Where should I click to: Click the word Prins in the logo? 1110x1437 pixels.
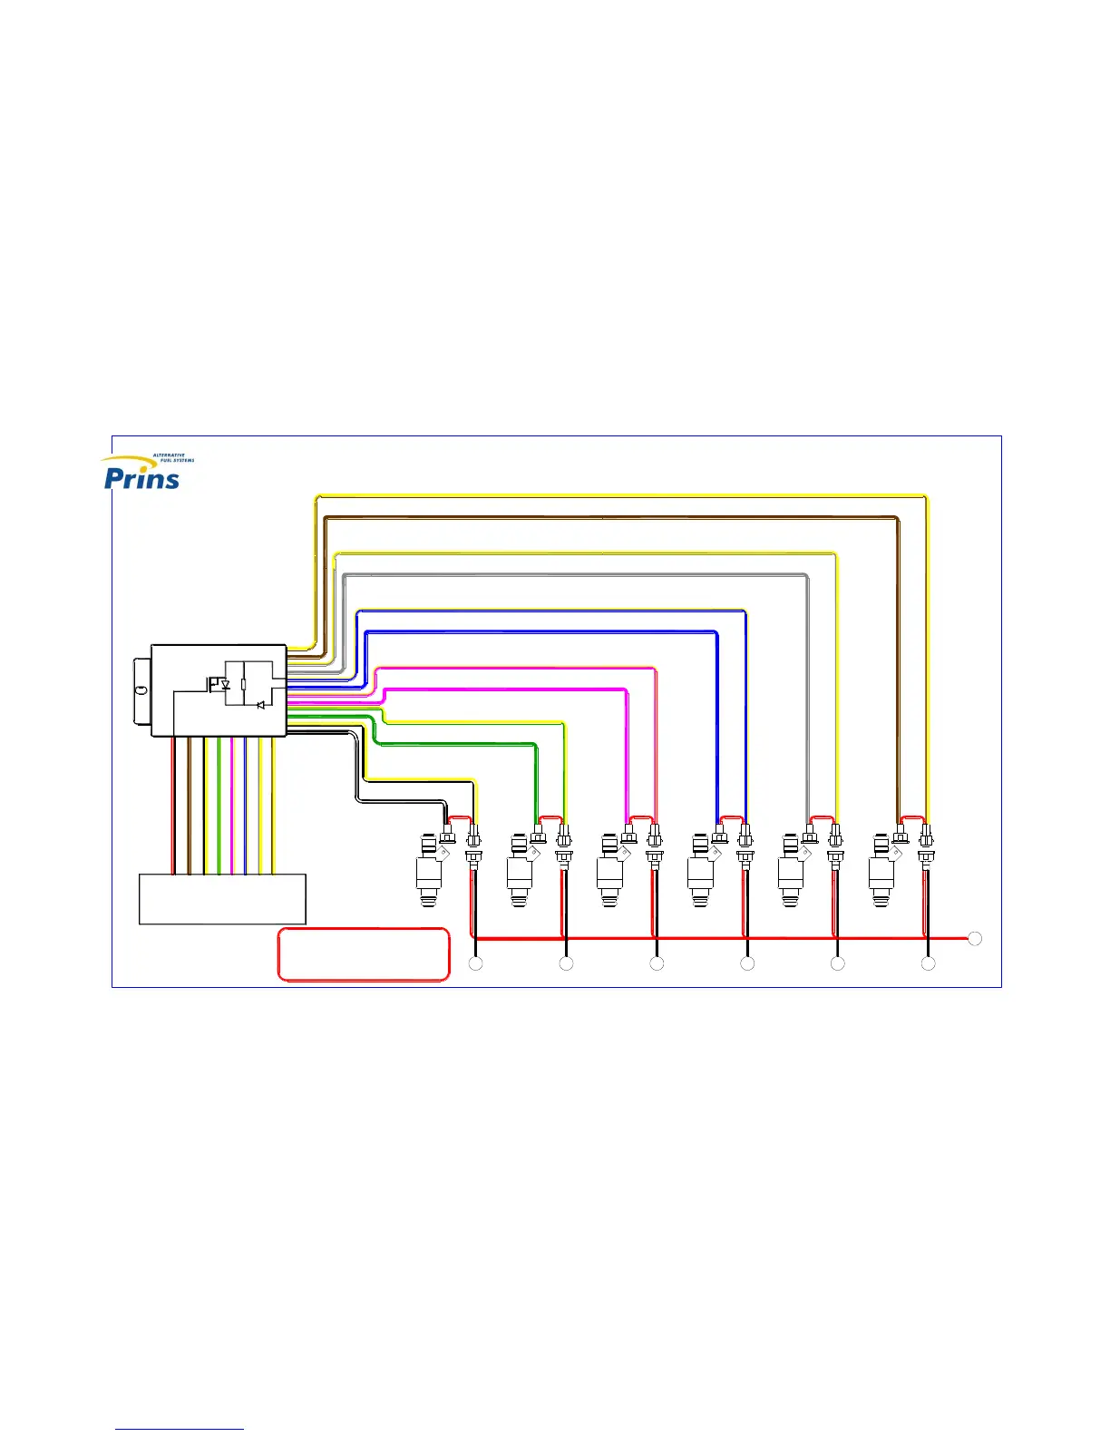[x=141, y=477]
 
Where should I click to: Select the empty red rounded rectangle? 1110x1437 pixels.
[x=363, y=954]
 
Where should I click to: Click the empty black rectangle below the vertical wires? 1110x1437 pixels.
[x=222, y=899]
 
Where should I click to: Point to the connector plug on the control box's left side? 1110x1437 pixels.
[x=141, y=690]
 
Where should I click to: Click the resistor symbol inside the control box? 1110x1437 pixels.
[x=243, y=685]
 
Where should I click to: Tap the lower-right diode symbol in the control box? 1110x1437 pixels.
[x=261, y=705]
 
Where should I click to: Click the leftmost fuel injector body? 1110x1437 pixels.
[x=429, y=870]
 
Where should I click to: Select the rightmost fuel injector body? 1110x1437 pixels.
[x=881, y=870]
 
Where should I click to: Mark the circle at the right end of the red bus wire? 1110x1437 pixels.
[x=975, y=938]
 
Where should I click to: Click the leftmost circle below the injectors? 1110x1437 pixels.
[x=475, y=963]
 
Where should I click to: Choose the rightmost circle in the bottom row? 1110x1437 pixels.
[x=928, y=963]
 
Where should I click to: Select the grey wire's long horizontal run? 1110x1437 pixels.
[x=580, y=574]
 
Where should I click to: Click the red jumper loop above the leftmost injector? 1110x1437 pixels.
[x=460, y=818]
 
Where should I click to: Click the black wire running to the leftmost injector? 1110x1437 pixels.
[x=399, y=800]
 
